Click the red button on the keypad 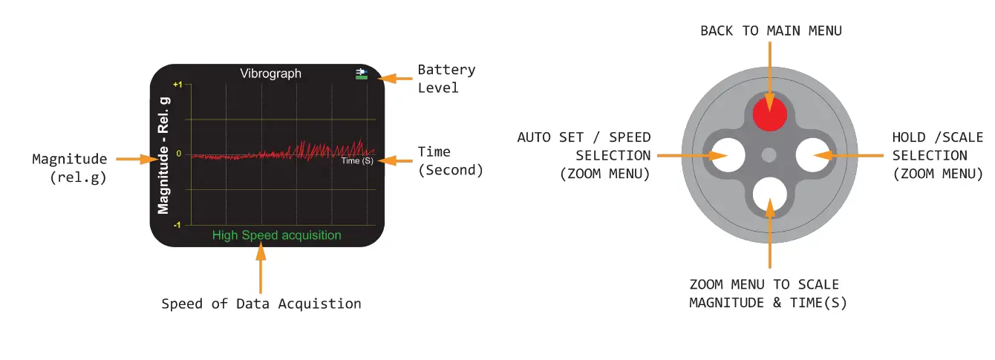point(769,116)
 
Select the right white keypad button point(811,154)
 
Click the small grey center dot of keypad point(769,154)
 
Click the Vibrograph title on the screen point(270,73)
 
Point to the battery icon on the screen point(362,73)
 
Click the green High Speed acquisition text point(276,235)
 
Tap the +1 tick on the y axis point(177,85)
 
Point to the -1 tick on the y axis point(177,224)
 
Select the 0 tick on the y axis point(179,154)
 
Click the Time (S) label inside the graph point(356,161)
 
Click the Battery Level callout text point(446,79)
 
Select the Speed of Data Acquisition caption point(261,304)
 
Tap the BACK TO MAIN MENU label point(771,30)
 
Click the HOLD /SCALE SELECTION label point(937,155)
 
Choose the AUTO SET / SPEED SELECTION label point(584,155)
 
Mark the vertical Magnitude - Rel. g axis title point(164,154)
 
